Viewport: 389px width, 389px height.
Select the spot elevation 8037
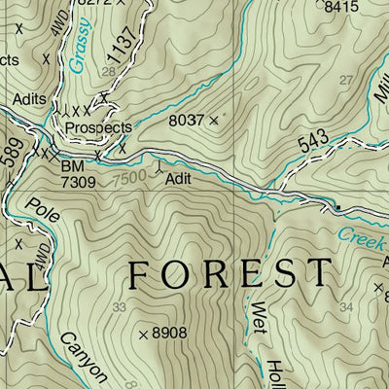[x=187, y=121]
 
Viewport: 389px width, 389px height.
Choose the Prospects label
[x=98, y=128]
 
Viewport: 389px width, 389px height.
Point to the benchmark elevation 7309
[x=78, y=181]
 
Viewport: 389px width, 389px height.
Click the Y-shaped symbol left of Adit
[x=159, y=167]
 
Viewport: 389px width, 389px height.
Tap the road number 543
[x=313, y=143]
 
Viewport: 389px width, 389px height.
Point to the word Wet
[x=260, y=317]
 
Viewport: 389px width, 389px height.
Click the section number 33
[x=120, y=307]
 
